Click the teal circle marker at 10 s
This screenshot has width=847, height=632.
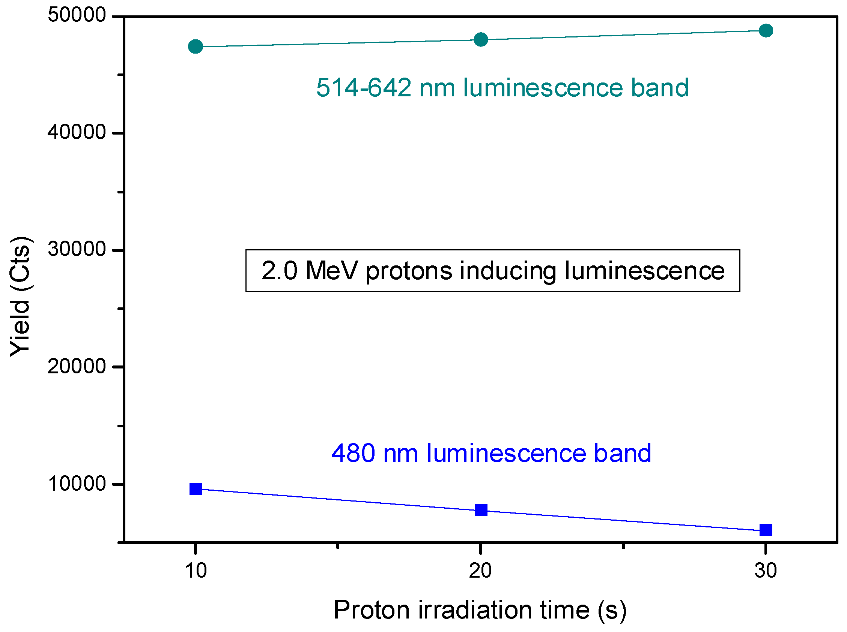196,47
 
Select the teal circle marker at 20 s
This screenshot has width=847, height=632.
481,39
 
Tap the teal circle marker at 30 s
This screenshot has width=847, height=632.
766,31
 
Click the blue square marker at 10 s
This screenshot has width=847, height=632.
196,488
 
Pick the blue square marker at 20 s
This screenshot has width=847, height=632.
481,509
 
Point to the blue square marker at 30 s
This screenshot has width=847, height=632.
766,530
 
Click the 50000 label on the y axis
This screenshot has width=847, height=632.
77,15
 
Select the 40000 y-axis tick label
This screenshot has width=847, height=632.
77,132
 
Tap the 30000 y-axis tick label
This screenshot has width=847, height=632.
77,249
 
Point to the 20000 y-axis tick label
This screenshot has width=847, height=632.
77,367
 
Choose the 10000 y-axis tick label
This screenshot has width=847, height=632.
77,484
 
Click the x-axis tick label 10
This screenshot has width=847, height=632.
196,571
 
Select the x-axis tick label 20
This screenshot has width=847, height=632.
480,571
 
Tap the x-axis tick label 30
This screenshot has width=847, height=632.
766,571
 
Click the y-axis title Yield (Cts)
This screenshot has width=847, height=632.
20,297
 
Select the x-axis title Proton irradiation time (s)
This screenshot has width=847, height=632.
480,610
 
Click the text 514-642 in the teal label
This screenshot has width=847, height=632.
364,88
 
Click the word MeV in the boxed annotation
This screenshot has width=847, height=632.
332,271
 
